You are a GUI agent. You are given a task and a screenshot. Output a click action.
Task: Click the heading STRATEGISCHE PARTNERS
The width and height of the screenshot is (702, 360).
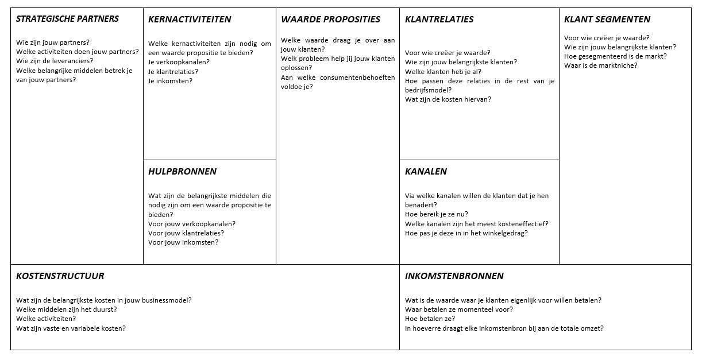[67, 19]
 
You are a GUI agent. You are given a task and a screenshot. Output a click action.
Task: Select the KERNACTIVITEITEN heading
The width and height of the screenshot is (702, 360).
[190, 20]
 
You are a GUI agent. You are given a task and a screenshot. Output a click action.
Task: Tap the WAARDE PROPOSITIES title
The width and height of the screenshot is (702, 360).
[330, 20]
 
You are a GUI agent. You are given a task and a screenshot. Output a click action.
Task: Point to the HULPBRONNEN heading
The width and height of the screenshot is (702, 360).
[182, 172]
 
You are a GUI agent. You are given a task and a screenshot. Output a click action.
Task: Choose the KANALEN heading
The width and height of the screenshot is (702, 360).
[426, 172]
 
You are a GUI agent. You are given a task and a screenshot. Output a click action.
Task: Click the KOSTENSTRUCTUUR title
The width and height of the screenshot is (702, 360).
[60, 276]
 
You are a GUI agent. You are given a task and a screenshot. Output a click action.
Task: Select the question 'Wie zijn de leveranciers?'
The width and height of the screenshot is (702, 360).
[55, 61]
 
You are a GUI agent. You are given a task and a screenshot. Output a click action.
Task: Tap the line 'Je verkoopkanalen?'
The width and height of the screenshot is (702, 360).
[179, 62]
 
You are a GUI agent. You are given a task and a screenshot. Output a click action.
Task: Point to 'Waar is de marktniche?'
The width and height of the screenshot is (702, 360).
[600, 65]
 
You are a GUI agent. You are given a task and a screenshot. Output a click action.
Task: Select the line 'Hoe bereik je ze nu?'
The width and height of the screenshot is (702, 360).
[436, 215]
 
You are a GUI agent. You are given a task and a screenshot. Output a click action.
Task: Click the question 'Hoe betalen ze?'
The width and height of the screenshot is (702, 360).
[430, 319]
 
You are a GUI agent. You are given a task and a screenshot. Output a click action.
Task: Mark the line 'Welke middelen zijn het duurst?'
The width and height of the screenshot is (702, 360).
[66, 309]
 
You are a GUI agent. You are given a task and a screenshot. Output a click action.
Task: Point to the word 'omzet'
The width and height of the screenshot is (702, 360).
[593, 328]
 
